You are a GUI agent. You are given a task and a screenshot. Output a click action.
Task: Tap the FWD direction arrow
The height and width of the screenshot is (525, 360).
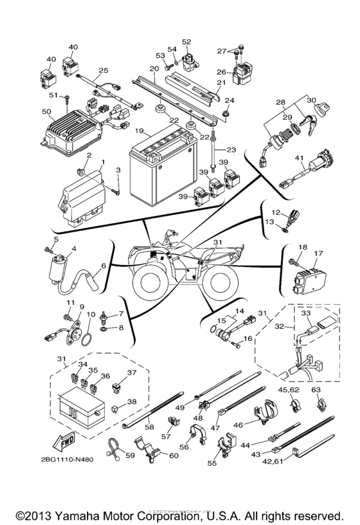click(64, 443)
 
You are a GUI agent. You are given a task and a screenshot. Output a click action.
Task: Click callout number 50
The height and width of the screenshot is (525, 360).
click(45, 112)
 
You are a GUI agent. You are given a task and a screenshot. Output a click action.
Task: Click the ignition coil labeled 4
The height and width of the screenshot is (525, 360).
click(57, 265)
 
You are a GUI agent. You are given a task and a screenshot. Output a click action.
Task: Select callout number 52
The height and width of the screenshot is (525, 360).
click(186, 42)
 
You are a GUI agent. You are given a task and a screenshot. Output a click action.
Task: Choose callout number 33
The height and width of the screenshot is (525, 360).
click(306, 315)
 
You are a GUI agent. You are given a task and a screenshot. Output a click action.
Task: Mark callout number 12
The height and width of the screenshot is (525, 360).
click(275, 212)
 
